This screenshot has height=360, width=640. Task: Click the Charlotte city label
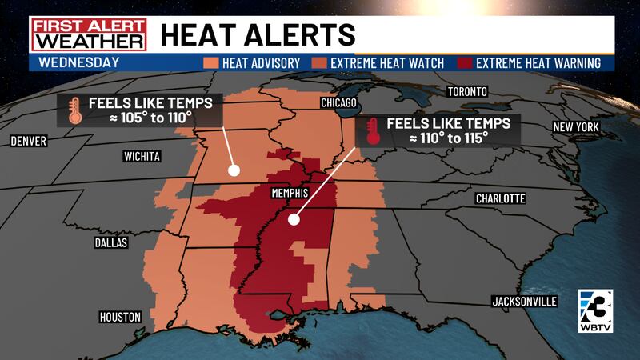[x=499, y=198]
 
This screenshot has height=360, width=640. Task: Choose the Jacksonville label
[x=524, y=301]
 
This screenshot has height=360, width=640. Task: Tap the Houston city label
[x=120, y=317]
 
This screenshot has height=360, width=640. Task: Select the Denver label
[x=29, y=141]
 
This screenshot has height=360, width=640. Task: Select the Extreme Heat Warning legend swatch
[x=464, y=62]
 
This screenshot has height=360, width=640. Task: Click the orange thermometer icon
[x=74, y=110]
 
